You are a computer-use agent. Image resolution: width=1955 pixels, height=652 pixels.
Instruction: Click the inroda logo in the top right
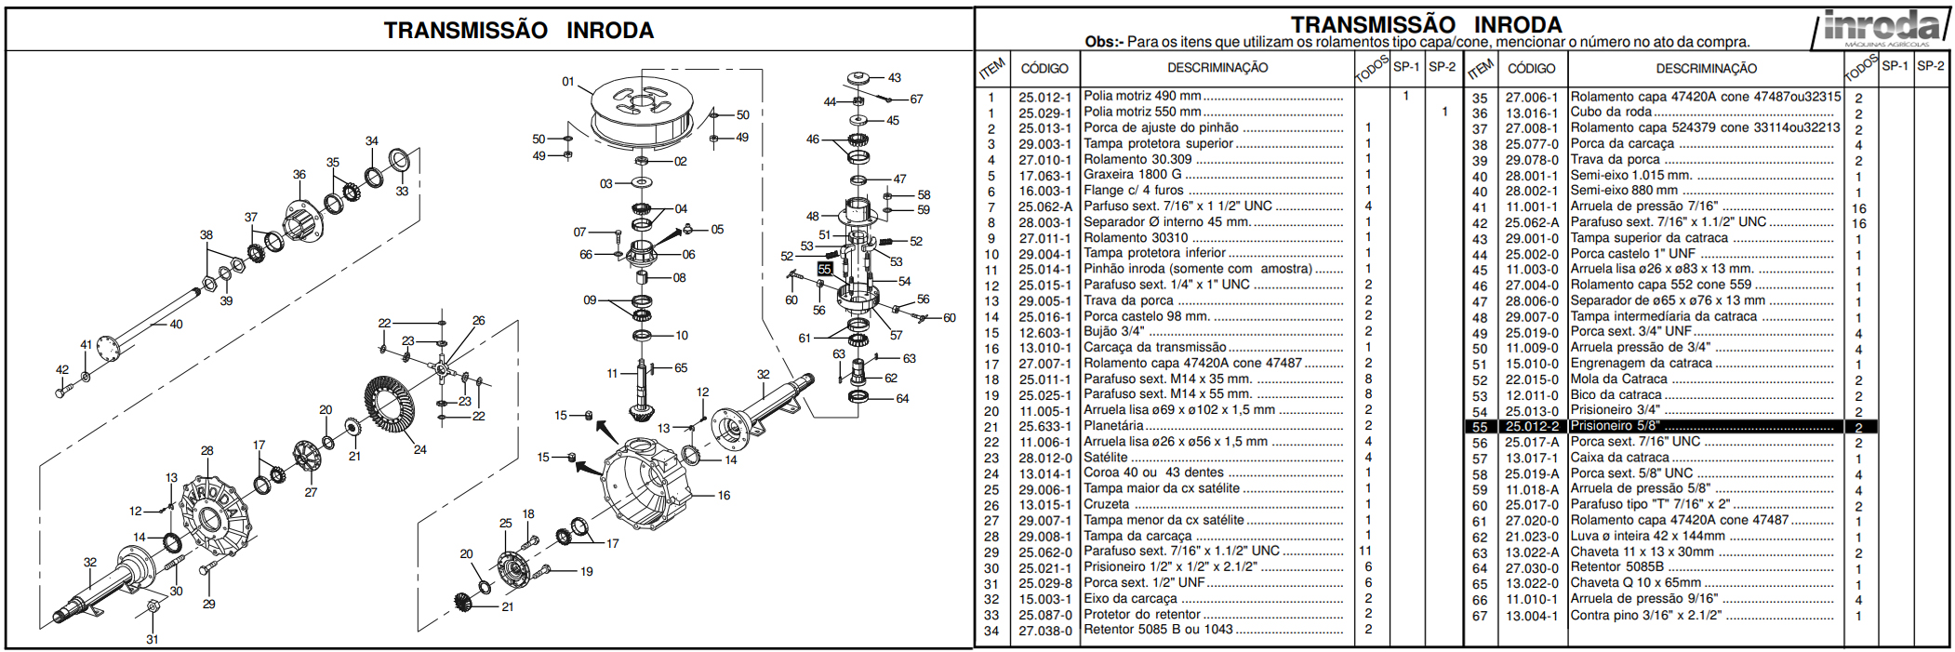coord(1882,28)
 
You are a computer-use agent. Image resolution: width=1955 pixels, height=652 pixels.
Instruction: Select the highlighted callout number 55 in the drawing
coord(825,269)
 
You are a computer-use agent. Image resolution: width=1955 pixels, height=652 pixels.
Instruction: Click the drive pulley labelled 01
coord(643,112)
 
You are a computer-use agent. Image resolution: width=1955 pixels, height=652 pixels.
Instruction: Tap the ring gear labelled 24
coord(390,410)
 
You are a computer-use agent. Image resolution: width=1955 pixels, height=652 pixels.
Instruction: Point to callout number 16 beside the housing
coord(724,496)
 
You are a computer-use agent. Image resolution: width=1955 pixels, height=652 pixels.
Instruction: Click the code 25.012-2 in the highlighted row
coord(1532,426)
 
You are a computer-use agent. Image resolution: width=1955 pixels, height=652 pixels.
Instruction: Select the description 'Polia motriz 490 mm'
coord(1142,96)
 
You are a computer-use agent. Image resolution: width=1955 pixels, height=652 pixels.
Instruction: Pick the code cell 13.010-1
coord(1044,348)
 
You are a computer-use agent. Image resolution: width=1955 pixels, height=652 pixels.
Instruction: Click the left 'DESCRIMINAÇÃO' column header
coord(1217,68)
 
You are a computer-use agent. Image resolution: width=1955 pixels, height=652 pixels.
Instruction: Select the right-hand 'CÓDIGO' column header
coord(1531,68)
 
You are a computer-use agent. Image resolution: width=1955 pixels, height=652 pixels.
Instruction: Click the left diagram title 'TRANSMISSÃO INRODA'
coord(519,31)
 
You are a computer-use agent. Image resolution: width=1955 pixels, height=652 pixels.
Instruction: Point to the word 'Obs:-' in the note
coord(1104,42)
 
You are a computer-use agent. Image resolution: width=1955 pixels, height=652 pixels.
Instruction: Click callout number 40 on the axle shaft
coord(176,325)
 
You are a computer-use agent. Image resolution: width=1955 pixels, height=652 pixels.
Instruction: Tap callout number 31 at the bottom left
coord(152,639)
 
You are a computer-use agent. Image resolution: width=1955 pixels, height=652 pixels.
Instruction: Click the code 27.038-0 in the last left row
coord(1044,631)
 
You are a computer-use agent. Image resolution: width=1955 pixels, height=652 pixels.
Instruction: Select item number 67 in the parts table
coord(1480,616)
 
